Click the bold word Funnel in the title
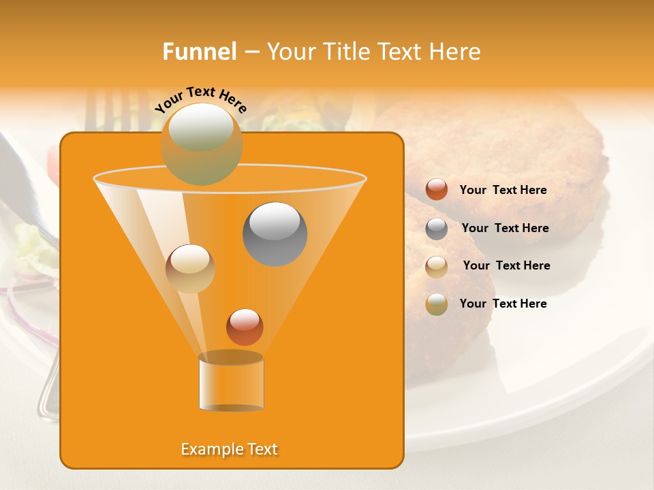point(200,52)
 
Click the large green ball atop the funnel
point(201,144)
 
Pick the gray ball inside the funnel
point(275,234)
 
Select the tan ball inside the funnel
point(190,268)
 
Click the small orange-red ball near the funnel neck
point(245,327)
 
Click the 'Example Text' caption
point(230,449)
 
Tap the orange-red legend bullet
point(437,190)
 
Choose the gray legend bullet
point(437,229)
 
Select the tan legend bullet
point(437,266)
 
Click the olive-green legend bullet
point(437,304)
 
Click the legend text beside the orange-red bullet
point(503,190)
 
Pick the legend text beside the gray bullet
point(505,228)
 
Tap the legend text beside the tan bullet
point(506,265)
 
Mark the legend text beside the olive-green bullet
point(503,304)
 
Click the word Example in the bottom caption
point(210,449)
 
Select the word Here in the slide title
point(455,52)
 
